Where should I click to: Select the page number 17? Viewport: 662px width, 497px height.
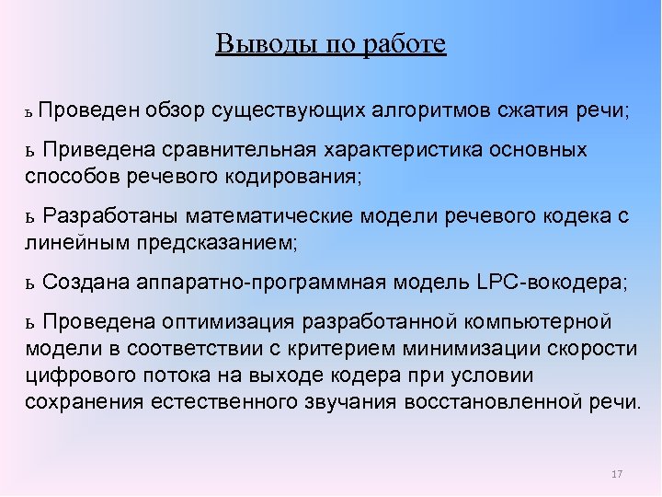coord(616,474)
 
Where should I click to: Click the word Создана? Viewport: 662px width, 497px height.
coord(86,283)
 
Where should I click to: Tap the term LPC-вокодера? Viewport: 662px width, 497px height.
coord(552,283)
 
